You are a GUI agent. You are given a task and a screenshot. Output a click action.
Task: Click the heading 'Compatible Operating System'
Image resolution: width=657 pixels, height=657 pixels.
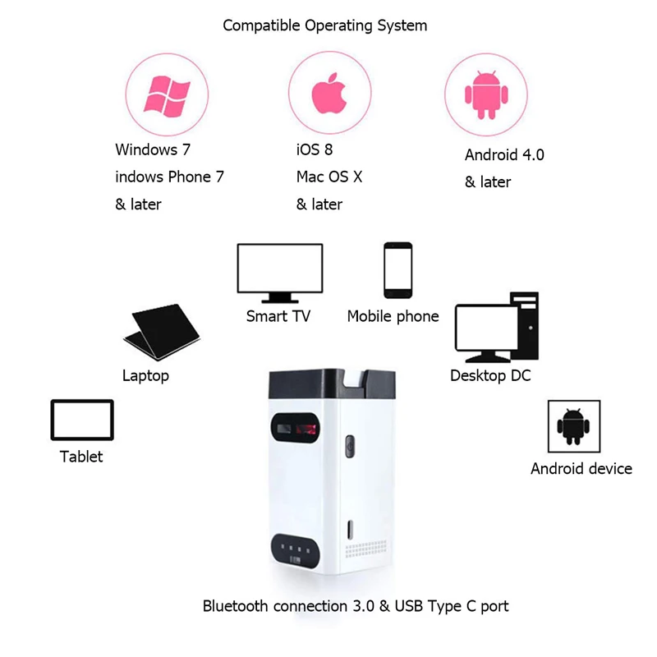(325, 25)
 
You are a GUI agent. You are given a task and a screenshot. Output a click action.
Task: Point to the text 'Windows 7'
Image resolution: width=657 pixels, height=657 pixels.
(146, 149)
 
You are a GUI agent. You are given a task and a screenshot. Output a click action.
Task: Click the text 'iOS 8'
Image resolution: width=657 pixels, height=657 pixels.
(315, 149)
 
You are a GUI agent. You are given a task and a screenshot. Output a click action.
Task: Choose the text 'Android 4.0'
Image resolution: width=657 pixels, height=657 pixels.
(504, 154)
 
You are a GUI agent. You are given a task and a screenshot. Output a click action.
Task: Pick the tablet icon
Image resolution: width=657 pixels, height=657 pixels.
(81, 420)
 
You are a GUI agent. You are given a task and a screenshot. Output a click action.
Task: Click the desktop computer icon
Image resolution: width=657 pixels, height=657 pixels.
(496, 328)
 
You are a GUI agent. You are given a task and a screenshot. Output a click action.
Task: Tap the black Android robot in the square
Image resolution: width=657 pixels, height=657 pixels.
(573, 425)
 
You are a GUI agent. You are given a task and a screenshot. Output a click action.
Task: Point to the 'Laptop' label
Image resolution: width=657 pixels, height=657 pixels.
(145, 375)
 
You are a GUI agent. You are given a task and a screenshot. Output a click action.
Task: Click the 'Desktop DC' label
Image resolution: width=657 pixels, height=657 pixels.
(490, 375)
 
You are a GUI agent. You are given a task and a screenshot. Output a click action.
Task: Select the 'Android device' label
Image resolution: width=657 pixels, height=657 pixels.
(581, 468)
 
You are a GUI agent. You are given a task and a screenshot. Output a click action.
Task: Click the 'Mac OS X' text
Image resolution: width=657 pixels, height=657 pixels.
(329, 177)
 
